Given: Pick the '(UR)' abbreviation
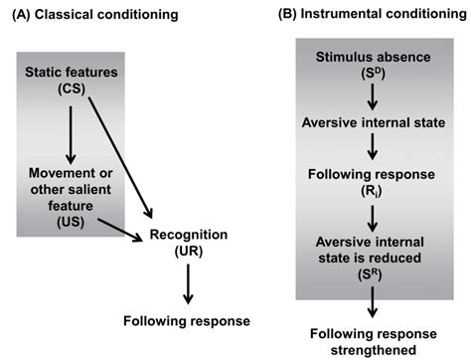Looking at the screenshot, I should tap(189, 251).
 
